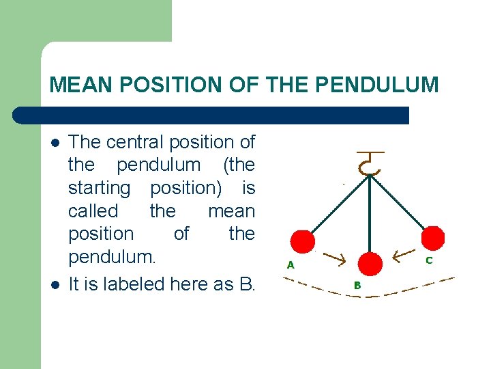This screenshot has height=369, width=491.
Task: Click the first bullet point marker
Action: point(55,143)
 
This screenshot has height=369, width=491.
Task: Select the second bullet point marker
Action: point(55,284)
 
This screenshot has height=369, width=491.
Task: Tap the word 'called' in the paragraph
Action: point(93,210)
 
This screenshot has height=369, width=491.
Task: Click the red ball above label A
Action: point(303,241)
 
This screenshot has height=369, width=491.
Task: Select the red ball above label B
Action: point(370,264)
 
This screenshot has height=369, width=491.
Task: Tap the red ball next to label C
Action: point(433,238)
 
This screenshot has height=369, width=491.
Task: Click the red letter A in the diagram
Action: point(290,265)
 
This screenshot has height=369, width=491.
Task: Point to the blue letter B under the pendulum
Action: point(357,285)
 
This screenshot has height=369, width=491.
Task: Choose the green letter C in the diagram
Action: point(429,260)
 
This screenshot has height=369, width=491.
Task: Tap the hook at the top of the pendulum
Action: point(370,164)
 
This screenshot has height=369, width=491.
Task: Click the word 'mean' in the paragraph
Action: point(231,210)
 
